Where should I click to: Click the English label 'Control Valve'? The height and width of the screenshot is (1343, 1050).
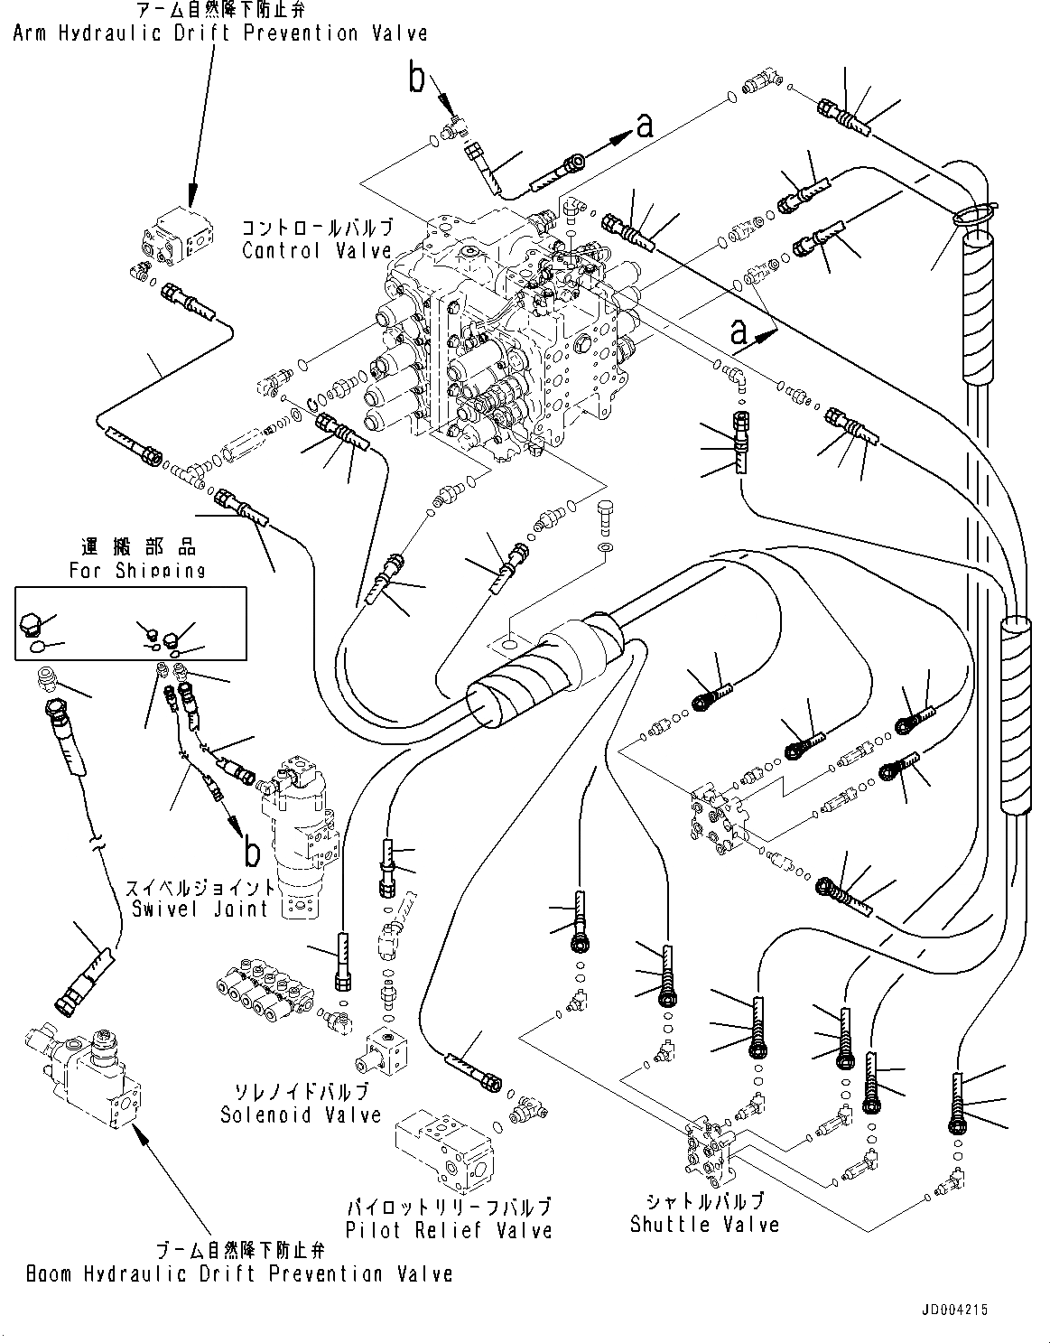coord(317,251)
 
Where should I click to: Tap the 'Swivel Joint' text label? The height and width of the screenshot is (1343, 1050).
coord(200,909)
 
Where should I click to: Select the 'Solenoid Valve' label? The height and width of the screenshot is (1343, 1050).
coord(301,1115)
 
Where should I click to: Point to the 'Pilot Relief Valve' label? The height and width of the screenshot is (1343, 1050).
coord(449,1229)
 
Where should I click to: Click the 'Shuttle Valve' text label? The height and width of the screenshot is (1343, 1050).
coord(704,1225)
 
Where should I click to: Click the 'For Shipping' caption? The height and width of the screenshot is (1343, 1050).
coord(137,570)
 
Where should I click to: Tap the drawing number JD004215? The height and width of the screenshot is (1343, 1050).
coord(1001,1331)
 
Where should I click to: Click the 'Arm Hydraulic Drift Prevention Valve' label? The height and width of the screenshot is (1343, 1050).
coord(219,33)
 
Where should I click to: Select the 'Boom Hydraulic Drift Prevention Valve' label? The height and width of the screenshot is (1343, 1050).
coord(239,1273)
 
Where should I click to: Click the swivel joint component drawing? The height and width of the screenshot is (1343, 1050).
coord(298,831)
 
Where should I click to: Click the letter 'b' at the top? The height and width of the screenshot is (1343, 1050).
coord(416,79)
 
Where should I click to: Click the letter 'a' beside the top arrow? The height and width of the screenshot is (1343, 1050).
coord(645,125)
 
